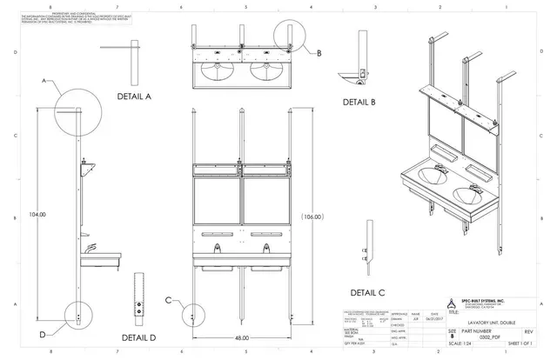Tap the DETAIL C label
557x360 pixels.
pos(367,292)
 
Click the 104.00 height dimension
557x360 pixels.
pos(37,213)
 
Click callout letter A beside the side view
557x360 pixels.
pos(43,80)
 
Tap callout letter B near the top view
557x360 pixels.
pos(319,53)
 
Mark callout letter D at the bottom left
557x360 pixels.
pos(42,333)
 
